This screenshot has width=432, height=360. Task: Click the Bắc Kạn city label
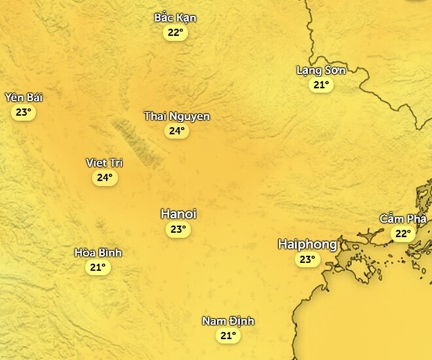click(x=175, y=18)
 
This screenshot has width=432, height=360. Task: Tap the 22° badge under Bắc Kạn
click(x=175, y=33)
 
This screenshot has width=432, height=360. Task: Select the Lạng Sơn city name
click(x=321, y=70)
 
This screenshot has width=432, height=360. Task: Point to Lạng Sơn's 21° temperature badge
click(x=321, y=84)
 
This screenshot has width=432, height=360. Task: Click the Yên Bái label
click(x=24, y=98)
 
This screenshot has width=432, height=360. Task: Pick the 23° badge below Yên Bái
click(x=24, y=112)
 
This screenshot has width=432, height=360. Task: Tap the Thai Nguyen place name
click(x=177, y=117)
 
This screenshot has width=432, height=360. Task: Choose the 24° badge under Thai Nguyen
click(x=177, y=131)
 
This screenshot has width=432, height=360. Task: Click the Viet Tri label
click(x=105, y=163)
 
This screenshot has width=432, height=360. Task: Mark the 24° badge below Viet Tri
click(x=105, y=177)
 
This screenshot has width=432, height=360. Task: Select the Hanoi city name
click(x=179, y=214)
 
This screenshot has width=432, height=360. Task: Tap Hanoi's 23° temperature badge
click(x=178, y=229)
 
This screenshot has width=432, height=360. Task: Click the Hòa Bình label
click(x=98, y=253)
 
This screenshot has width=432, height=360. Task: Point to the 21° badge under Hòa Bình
click(x=98, y=267)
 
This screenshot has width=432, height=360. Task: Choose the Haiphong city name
click(x=307, y=244)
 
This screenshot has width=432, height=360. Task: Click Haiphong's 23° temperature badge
click(x=307, y=260)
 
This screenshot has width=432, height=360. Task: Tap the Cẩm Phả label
click(x=403, y=219)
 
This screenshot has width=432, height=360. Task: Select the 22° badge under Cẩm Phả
click(x=403, y=233)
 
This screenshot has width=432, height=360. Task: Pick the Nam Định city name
click(x=228, y=321)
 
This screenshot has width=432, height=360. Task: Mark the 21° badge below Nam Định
click(x=227, y=336)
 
